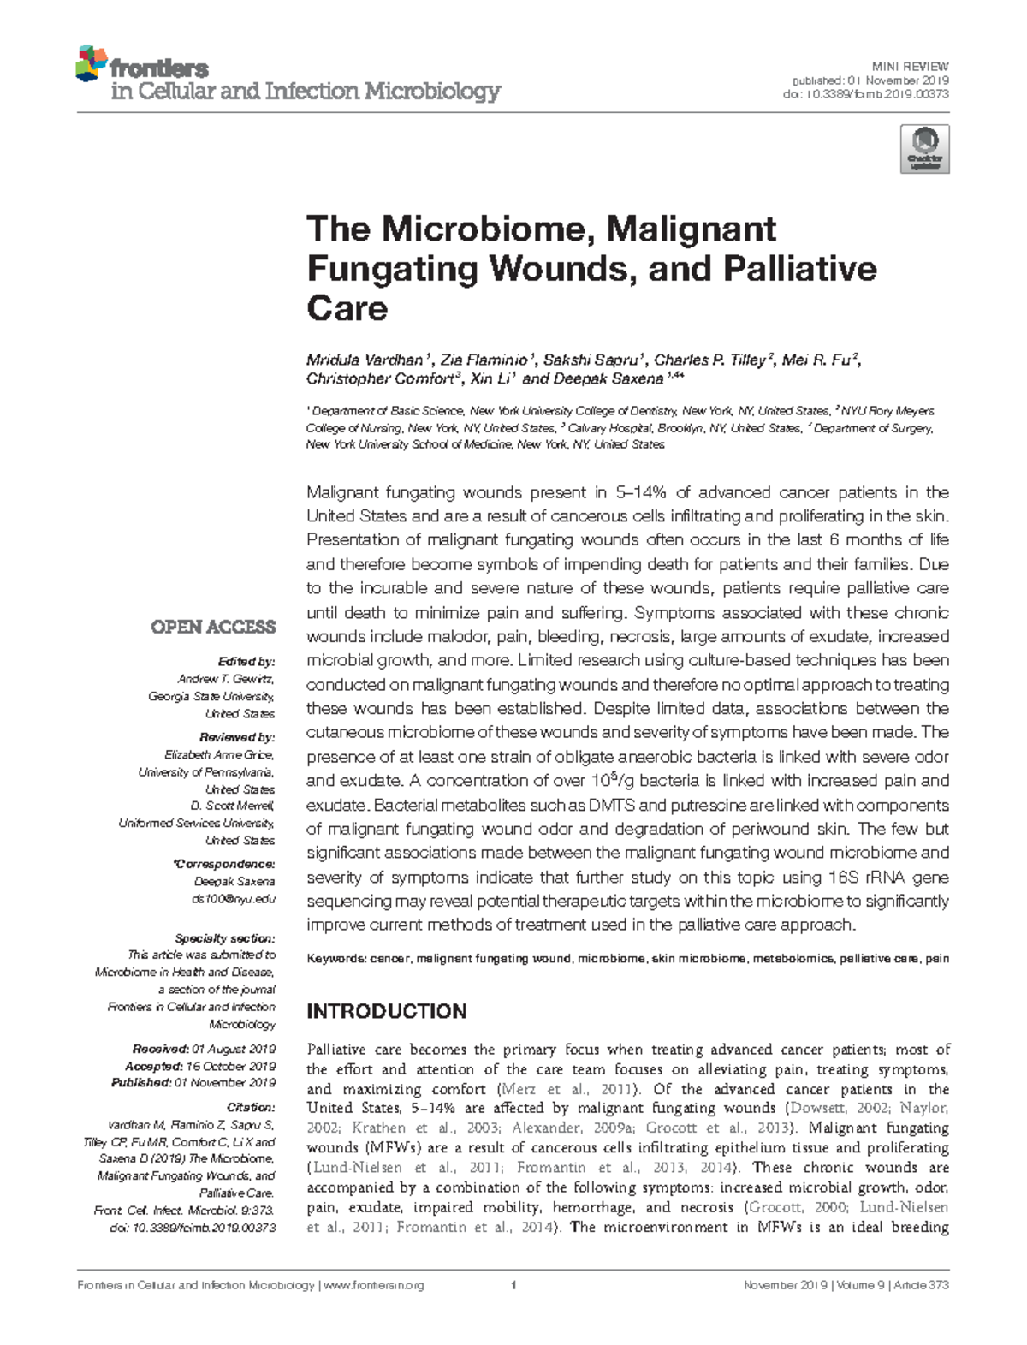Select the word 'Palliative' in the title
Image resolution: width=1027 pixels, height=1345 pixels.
coord(799,269)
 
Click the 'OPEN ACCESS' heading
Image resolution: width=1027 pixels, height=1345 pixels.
coord(213,627)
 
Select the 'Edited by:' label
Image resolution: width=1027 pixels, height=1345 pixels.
coord(246,662)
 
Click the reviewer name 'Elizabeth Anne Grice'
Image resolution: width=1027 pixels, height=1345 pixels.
coord(219,754)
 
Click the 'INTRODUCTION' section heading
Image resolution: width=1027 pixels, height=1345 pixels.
coord(386,1011)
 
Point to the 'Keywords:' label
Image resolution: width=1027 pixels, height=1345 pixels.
coord(335,959)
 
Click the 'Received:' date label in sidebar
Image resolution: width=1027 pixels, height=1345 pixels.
coord(161,1049)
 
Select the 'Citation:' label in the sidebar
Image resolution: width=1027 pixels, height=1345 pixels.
coord(251,1107)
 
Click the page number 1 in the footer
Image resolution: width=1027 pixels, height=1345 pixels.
coord(513,1285)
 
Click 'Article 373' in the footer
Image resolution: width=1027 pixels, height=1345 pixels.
coord(921,1285)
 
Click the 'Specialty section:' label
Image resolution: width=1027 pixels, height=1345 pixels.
coord(224,938)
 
